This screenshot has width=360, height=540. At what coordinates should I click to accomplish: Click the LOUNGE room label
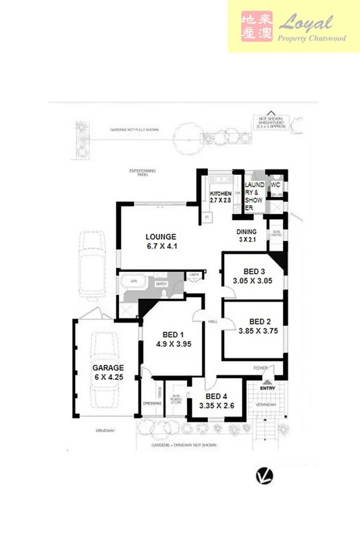click(x=161, y=237)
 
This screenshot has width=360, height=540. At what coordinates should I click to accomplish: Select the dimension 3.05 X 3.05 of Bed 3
click(x=252, y=280)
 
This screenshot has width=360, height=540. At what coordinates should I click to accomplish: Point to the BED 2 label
click(x=259, y=321)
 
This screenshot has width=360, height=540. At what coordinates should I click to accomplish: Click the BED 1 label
click(x=174, y=335)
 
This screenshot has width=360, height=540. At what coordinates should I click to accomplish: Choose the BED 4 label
click(x=216, y=396)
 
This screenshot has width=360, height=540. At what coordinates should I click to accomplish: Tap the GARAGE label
click(x=108, y=368)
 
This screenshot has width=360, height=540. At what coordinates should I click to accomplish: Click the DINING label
click(x=247, y=232)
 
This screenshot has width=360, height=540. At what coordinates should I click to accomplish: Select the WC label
click(x=275, y=185)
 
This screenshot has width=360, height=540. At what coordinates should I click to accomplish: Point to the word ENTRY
click(x=267, y=388)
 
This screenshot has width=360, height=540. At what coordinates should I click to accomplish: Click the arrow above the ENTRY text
click(x=267, y=381)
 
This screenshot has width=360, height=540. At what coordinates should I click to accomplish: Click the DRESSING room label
click(x=152, y=404)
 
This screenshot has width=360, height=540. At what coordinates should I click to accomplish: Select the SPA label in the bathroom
click(x=134, y=280)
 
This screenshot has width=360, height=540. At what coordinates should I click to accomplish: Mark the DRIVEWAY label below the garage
click(x=103, y=427)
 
